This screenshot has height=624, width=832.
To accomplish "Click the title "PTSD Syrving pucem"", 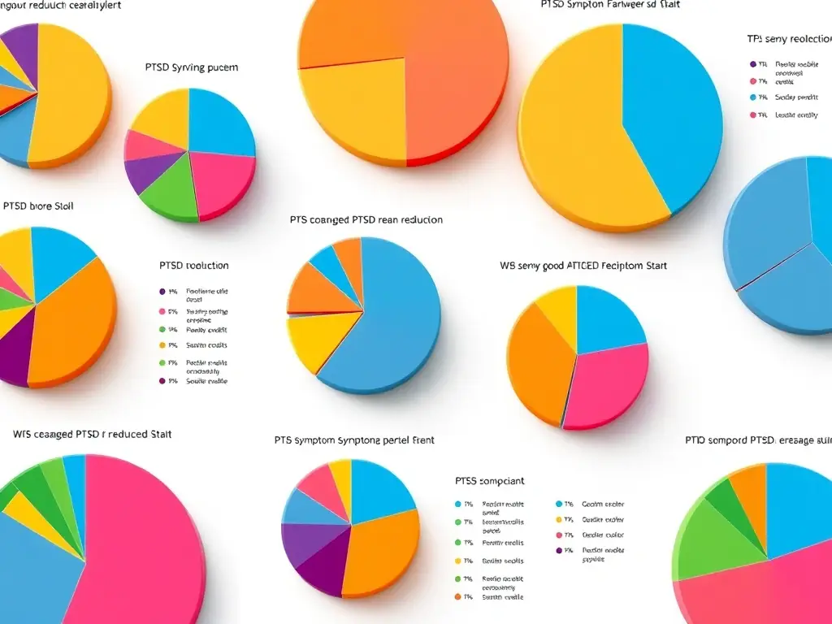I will pos(192,67).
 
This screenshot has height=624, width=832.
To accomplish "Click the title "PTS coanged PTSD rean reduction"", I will pos(366,220).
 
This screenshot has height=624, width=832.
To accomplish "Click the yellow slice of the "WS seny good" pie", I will pos(557,304).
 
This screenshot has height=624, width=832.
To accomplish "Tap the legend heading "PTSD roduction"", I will pos(194,266).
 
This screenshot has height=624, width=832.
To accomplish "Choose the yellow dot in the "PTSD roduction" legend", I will pos(162,345).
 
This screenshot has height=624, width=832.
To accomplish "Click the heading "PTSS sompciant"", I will pos(489,481).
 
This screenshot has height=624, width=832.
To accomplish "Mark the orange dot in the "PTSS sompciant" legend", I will pos(458,597).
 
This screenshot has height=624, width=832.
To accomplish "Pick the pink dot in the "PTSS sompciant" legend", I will pos(559,535).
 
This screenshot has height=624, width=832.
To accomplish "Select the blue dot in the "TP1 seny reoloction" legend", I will pos(753,97).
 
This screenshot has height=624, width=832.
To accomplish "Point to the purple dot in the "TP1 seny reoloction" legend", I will pos(753,63).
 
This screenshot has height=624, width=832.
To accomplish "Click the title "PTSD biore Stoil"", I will pos(38,206).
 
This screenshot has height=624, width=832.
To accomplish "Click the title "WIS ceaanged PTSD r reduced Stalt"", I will pos(92,435).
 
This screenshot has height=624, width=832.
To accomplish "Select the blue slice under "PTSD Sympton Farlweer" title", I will pos(670,114).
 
